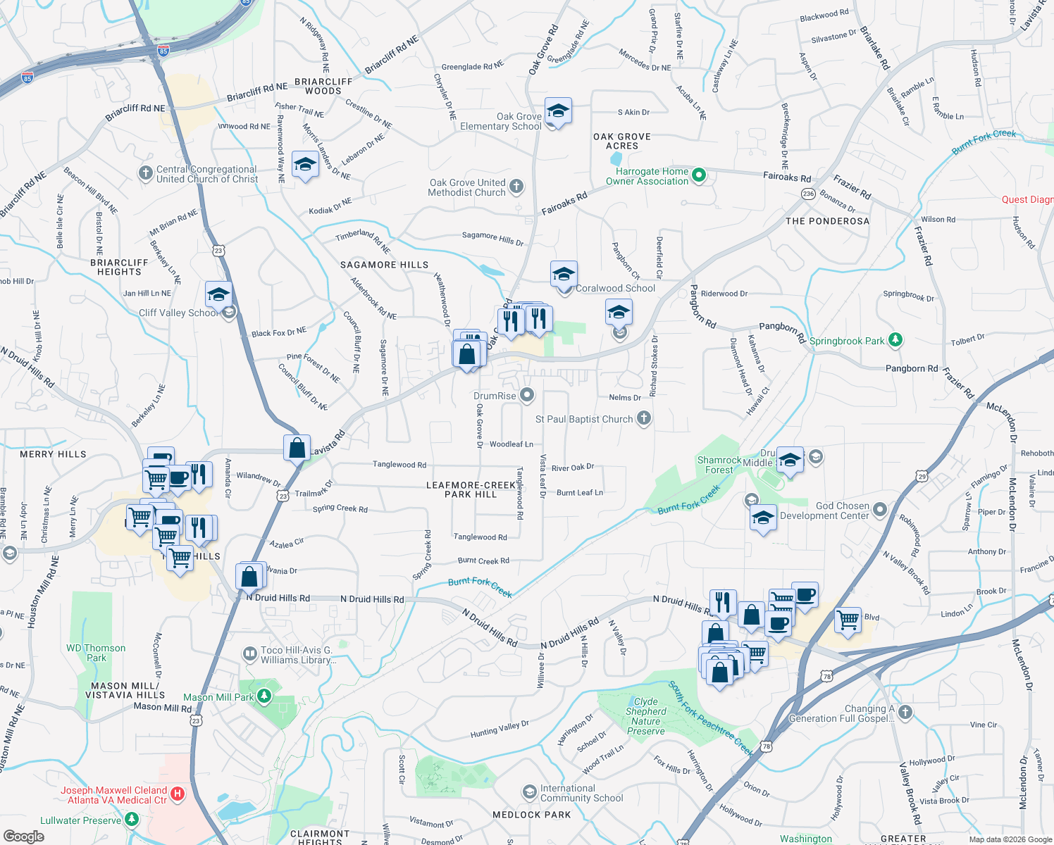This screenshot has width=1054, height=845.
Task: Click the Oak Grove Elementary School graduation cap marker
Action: (557, 111)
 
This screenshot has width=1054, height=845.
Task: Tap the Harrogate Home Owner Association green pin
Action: (698, 175)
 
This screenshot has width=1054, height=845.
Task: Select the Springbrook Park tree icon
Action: (895, 340)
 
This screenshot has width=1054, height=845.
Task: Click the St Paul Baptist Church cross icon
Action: (643, 418)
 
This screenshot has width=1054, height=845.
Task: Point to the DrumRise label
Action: (495, 396)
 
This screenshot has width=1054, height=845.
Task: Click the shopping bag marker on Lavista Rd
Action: (297, 448)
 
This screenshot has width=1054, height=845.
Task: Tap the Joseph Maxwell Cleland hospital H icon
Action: (178, 794)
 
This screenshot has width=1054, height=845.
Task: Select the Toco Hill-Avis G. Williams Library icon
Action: (249, 654)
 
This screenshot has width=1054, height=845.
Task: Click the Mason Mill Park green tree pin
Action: (263, 696)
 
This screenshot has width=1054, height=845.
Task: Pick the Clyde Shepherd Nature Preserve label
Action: (645, 716)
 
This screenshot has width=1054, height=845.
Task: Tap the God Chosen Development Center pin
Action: (880, 509)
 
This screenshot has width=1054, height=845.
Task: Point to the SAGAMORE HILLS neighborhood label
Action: (384, 265)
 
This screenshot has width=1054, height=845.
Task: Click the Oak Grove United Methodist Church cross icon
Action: (516, 187)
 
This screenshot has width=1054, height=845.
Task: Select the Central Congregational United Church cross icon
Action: (145, 173)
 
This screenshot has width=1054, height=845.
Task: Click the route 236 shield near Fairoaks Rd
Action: (808, 194)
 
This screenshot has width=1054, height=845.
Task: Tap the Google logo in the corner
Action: (23, 836)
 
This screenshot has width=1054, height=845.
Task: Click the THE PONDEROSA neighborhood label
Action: (827, 221)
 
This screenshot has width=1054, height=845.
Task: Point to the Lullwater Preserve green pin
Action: (132, 820)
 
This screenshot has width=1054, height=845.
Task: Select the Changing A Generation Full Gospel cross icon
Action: (905, 713)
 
